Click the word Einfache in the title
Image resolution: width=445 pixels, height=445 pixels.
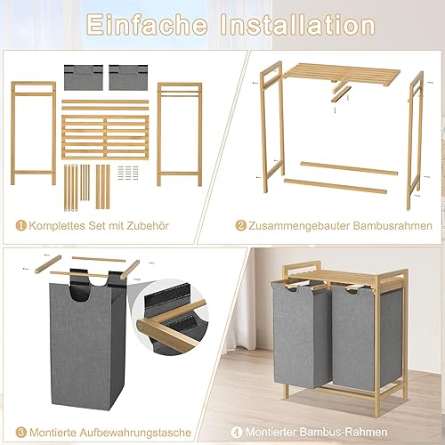coord(147,25)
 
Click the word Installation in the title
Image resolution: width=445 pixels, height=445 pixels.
coord(297,25)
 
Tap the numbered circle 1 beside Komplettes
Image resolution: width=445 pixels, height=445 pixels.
coord(21,225)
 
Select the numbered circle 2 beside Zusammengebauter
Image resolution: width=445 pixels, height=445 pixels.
coord(241,225)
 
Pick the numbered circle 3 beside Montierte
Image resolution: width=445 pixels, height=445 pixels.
coord(21,433)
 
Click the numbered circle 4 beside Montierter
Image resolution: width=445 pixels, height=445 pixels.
coord(237,433)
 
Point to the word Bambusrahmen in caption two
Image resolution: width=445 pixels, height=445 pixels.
coord(392,226)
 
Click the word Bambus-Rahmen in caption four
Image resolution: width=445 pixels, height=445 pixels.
coord(344,433)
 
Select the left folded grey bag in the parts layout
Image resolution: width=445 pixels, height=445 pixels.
coord(84,77)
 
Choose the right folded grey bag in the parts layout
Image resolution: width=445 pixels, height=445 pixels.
coord(128,77)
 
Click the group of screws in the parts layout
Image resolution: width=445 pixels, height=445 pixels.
coord(128,173)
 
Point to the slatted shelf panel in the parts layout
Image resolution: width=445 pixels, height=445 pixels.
coord(105,138)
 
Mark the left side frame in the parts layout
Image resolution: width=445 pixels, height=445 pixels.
coord(33,133)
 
